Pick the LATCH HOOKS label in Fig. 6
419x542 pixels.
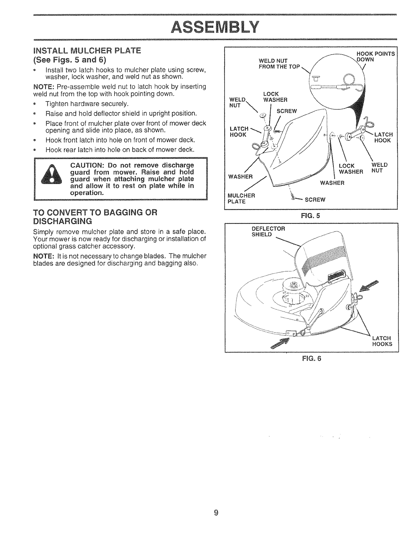(x=382, y=341)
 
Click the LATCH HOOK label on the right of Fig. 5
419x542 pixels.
(x=383, y=137)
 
